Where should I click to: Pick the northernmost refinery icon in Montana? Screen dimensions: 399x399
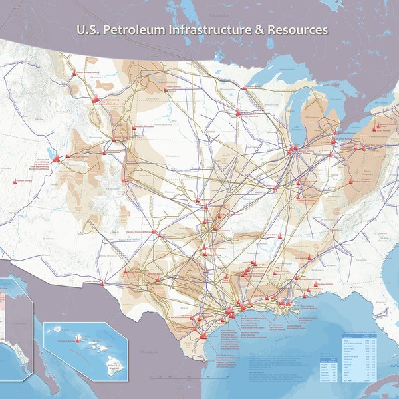72,73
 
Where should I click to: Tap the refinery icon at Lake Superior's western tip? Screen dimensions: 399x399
238,113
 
